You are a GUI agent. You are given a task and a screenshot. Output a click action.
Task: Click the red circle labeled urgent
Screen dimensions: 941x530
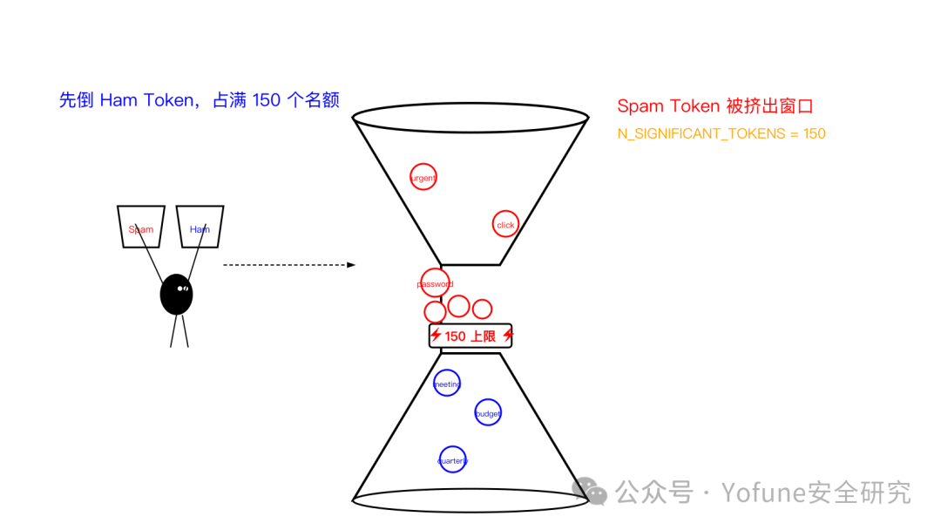click(x=423, y=164)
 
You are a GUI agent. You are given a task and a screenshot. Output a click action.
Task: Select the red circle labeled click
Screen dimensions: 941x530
click(x=505, y=211)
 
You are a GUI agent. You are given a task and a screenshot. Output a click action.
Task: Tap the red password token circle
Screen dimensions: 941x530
click(x=435, y=269)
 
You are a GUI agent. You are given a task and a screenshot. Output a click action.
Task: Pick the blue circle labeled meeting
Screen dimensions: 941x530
click(x=447, y=370)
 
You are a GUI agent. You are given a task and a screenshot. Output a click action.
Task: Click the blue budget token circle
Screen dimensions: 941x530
click(x=488, y=400)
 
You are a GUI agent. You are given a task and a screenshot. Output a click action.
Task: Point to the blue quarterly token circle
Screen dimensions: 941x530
click(x=452, y=446)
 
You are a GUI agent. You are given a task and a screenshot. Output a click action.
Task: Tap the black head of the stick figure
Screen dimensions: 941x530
click(x=176, y=295)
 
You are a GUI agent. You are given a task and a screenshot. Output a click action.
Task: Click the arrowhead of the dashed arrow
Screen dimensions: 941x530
click(x=352, y=265)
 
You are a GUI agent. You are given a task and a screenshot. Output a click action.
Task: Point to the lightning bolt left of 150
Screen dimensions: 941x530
click(x=436, y=335)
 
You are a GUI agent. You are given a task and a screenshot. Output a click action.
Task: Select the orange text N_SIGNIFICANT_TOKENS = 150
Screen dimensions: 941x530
click(x=721, y=134)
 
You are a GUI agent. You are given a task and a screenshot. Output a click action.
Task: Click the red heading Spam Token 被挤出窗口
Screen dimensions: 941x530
click(x=715, y=106)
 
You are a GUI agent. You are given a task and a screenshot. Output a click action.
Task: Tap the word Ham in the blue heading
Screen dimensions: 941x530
click(x=118, y=99)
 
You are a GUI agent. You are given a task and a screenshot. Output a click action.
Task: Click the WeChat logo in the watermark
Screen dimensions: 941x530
click(x=590, y=492)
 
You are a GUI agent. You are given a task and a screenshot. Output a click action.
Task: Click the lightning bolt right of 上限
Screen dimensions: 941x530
click(x=508, y=335)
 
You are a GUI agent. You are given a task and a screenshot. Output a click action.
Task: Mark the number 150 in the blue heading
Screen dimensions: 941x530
click(x=267, y=99)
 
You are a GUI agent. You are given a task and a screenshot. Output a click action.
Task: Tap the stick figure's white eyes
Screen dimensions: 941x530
click(x=183, y=289)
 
